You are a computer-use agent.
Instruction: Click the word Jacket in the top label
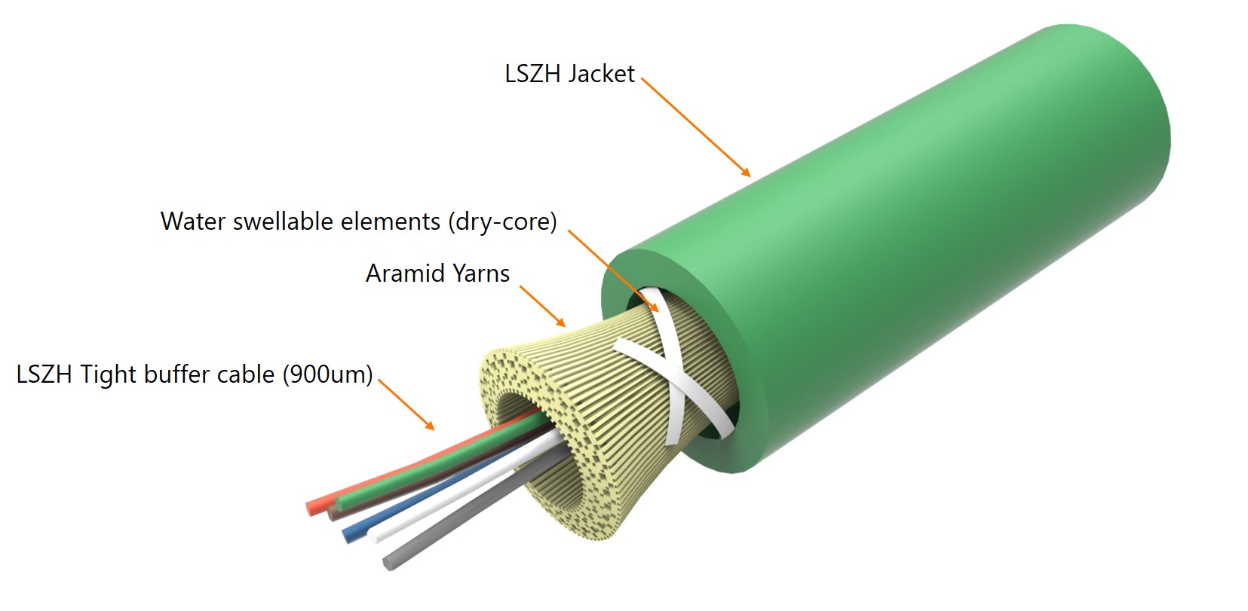[603, 74]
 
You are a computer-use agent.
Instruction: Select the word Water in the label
[193, 221]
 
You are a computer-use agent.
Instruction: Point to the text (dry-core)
[502, 222]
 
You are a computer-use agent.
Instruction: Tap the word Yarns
[481, 273]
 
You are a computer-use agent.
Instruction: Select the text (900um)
[327, 374]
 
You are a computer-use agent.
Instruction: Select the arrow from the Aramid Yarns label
[543, 307]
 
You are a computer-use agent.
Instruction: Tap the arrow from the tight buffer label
[406, 405]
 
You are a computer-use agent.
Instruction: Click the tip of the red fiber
[311, 508]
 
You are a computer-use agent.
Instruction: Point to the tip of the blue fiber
[348, 536]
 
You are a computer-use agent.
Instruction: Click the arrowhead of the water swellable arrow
[654, 307]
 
